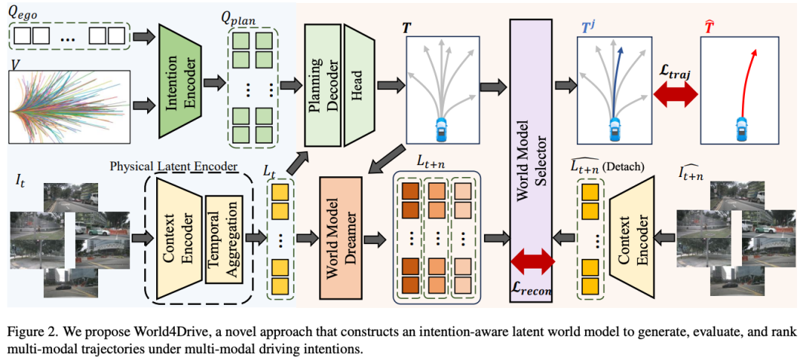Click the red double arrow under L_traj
(675, 94)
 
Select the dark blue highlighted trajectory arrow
(618, 74)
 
